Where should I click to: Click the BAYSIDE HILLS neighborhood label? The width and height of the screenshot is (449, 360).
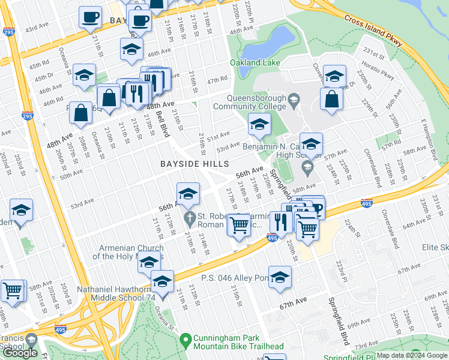[x=194, y=164]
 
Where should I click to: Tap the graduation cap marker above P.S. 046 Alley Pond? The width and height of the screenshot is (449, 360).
[x=280, y=277]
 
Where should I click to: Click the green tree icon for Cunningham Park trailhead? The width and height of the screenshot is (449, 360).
[x=186, y=340]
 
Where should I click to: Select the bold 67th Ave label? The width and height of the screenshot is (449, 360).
[x=294, y=306]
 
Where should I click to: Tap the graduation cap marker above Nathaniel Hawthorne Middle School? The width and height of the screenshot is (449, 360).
[x=161, y=281]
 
